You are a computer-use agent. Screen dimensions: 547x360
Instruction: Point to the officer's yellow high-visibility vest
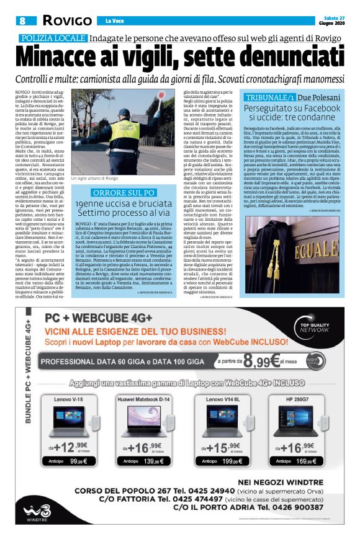point(128,131)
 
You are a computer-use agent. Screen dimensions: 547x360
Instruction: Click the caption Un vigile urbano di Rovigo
point(94,179)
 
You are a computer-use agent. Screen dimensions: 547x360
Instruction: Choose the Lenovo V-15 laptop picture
point(73,418)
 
